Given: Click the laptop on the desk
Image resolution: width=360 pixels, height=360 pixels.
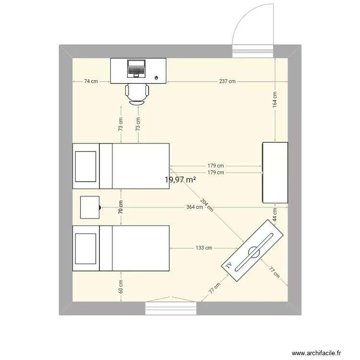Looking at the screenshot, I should tap(136, 68).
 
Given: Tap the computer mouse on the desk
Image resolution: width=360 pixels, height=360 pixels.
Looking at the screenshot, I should tap(157, 77).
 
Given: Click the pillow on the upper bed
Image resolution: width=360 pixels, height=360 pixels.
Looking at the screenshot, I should tap(86, 166).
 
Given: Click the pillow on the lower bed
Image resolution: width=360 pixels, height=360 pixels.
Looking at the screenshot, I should tap(86, 248).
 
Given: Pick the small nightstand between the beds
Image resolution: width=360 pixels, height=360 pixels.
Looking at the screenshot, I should tap(90, 207).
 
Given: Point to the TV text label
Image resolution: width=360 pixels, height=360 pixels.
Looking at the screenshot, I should tap(229, 265).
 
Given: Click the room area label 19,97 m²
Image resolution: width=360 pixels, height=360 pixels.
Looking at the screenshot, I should tap(180, 180).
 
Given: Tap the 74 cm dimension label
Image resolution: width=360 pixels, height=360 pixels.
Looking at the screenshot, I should tap(91, 81).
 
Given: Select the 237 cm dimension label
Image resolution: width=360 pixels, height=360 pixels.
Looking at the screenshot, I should tap(227, 81).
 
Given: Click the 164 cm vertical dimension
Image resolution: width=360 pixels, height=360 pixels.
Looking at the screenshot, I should tap(275, 99).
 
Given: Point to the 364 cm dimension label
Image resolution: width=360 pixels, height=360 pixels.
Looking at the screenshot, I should tap(194, 207).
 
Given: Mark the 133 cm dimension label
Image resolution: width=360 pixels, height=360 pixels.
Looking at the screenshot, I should tap(204, 248).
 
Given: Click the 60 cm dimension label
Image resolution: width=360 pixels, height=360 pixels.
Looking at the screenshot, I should tap(121, 287).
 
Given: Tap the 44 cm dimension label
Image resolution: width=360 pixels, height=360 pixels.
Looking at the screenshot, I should tap(275, 214).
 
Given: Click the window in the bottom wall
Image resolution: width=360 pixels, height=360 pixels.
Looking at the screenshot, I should tap(171, 308).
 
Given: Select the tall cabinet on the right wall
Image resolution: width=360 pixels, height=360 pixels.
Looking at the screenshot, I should tap(275, 172).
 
